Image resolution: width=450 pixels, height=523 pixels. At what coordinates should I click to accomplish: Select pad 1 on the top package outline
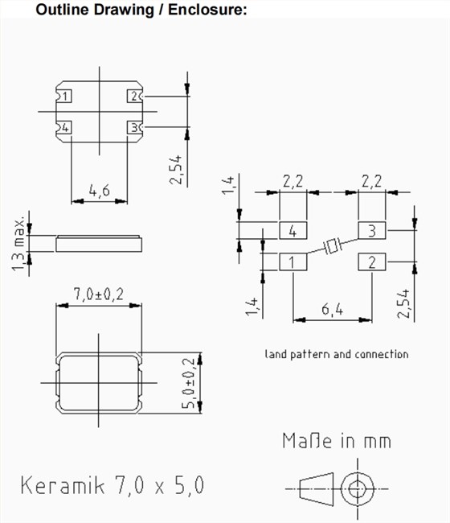[x=65, y=97]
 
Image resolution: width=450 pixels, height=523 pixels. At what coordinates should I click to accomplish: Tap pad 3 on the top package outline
[x=133, y=127]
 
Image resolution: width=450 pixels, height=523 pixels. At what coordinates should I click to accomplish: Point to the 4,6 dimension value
[x=100, y=191]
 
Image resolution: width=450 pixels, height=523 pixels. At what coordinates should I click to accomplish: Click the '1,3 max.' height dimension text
[x=19, y=241]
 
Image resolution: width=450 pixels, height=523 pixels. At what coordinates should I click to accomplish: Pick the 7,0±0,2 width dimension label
[x=99, y=295]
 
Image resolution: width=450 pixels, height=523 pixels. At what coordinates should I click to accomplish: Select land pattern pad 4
[x=292, y=231]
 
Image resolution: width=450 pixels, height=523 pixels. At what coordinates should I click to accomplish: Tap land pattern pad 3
[x=372, y=231]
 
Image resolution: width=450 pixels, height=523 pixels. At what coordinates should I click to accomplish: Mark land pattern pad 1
[x=292, y=262]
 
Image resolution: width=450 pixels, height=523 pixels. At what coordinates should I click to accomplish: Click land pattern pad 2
[x=372, y=262]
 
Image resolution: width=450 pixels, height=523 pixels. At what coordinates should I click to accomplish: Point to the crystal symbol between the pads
[x=333, y=246]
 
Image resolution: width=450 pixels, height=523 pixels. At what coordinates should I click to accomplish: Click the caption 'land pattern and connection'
[x=336, y=354]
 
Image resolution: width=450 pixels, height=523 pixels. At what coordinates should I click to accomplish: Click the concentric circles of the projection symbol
[x=358, y=488]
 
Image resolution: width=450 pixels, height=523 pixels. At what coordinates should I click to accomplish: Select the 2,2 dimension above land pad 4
[x=292, y=182]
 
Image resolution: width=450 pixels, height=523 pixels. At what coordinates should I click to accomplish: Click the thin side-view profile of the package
[x=99, y=241]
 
